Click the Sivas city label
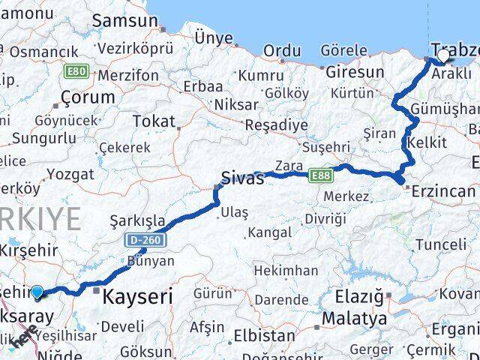[242, 178]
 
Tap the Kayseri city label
[137, 296]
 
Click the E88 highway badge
[320, 175]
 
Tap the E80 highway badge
[78, 72]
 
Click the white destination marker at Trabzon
[443, 55]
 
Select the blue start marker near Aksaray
[37, 293]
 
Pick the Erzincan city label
[444, 192]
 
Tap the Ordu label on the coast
[282, 50]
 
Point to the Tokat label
[154, 121]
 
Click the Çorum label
[88, 97]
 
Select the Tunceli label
[440, 244]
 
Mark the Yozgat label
[70, 174]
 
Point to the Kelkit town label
[427, 142]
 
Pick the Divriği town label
[325, 218]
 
